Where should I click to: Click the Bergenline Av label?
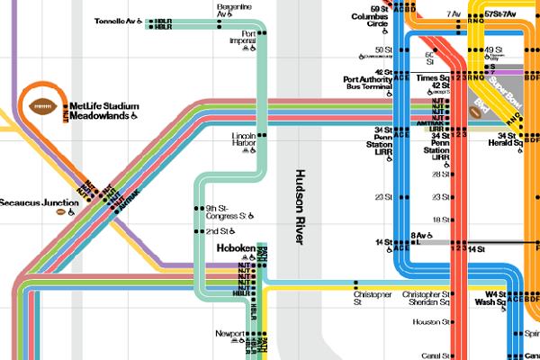tap(234, 10)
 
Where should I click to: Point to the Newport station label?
tap(229, 333)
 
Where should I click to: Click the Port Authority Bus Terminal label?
tap(364, 84)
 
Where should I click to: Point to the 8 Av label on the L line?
tap(418, 236)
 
